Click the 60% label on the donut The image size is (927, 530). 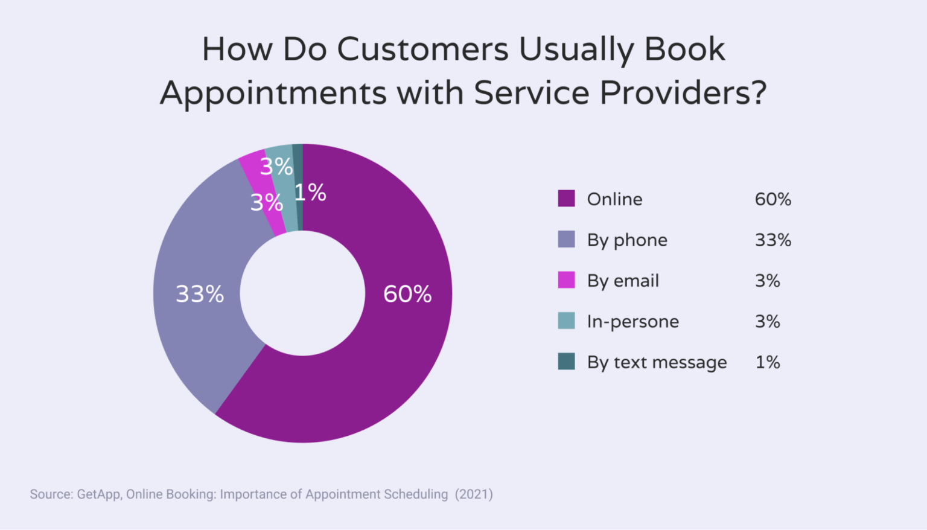[407, 294]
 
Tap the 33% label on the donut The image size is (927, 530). [200, 294]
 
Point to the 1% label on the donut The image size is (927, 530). [310, 193]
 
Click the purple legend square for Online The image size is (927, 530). [566, 199]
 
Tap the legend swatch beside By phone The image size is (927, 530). [566, 240]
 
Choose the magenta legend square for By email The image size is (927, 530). [566, 280]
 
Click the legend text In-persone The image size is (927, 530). [632, 321]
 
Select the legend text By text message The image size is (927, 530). [657, 362]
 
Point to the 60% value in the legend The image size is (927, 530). [772, 199]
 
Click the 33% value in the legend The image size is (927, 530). [772, 240]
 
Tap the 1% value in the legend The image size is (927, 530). [768, 362]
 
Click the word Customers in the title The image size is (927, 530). [422, 49]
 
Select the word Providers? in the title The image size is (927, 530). [683, 93]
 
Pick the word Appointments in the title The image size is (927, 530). [273, 94]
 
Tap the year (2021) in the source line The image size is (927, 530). [474, 494]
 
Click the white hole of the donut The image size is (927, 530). [302, 293]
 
